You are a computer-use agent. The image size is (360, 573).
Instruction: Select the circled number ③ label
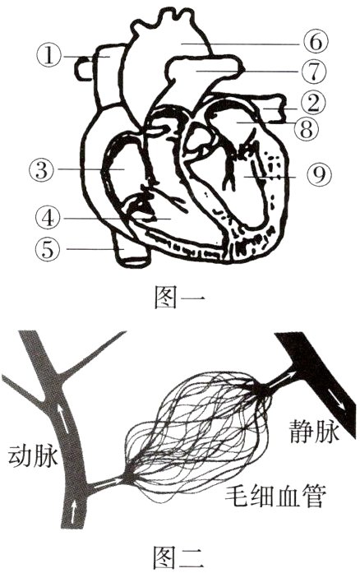point(39,170)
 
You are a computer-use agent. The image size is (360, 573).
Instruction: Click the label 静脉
point(313,430)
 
